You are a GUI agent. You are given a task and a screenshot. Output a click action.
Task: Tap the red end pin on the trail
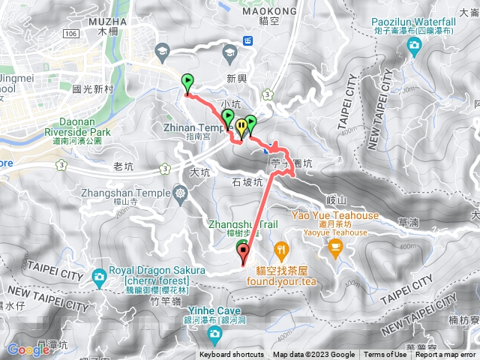[x=244, y=253]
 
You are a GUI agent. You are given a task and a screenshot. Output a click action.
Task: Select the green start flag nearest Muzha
[x=187, y=82]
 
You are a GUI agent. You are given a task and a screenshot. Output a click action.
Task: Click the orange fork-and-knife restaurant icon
[x=280, y=249]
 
